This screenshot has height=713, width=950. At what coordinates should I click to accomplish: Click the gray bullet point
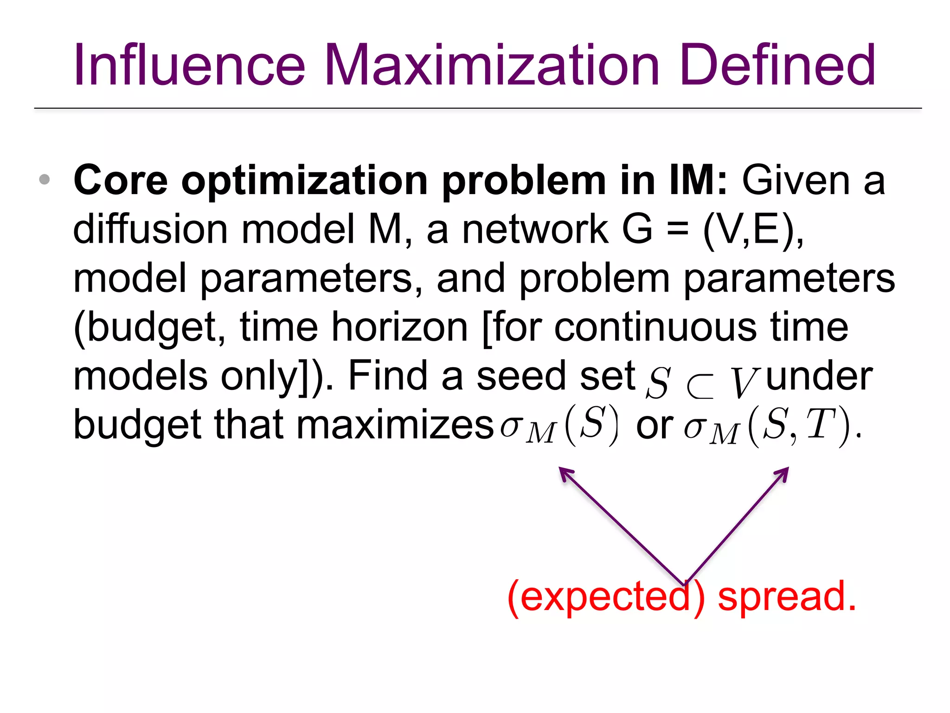pyautogui.click(x=45, y=179)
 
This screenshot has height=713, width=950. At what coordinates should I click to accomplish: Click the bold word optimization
pyautogui.click(x=304, y=181)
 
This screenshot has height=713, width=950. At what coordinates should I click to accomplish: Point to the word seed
pyautogui.click(x=521, y=376)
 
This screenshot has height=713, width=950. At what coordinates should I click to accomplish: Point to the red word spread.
pyautogui.click(x=787, y=597)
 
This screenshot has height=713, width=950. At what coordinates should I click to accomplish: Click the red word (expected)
pyautogui.click(x=606, y=598)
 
